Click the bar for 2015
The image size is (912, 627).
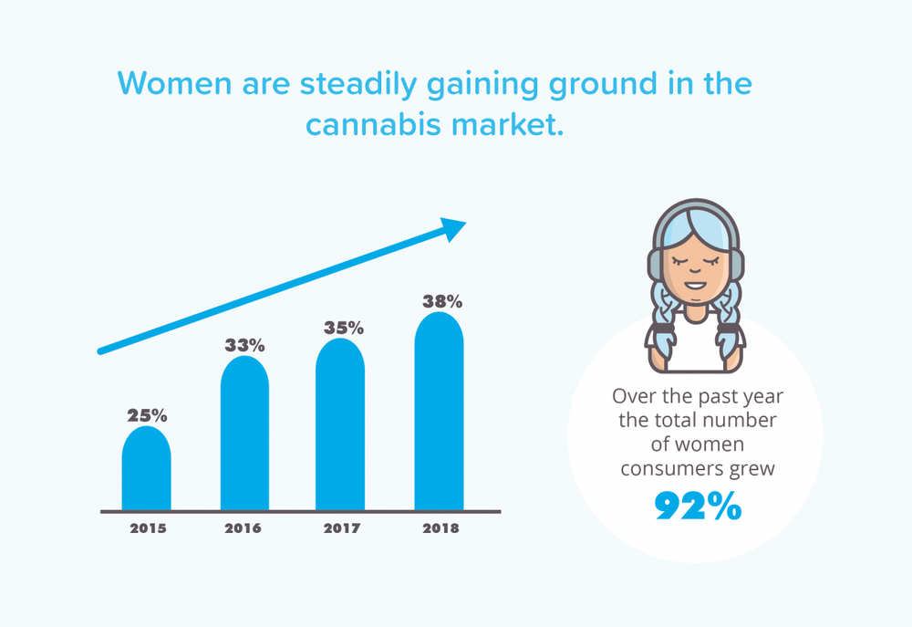click(147, 468)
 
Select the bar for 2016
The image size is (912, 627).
click(244, 434)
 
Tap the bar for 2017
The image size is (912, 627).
click(340, 424)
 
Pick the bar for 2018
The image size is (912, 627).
click(440, 411)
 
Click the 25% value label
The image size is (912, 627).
click(147, 415)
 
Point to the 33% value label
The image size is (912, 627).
click(244, 345)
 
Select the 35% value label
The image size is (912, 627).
click(344, 328)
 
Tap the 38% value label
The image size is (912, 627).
click(442, 301)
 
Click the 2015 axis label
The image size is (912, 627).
click(148, 528)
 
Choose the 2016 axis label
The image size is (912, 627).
click(243, 528)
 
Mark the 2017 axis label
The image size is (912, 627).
click(342, 528)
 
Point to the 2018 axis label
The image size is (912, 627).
click(440, 528)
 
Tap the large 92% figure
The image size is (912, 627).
click(698, 506)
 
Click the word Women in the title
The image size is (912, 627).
click(174, 83)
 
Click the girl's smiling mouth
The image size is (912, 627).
click(696, 286)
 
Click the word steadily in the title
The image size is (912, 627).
click(358, 84)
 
